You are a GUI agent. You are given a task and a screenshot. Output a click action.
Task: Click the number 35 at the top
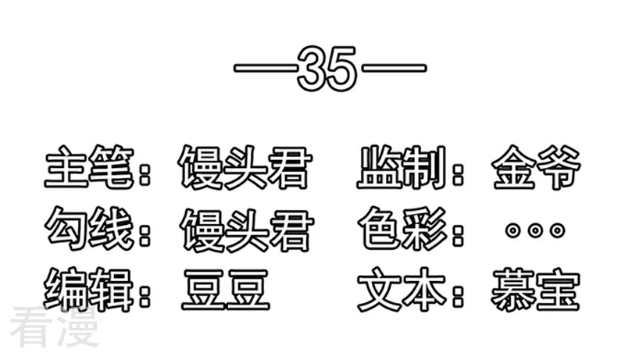tap(327, 69)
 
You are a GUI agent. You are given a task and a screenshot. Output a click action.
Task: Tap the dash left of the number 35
tap(266, 68)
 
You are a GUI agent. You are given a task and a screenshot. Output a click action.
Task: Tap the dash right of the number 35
tap(394, 68)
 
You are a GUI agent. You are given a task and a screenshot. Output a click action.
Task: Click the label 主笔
tap(89, 166)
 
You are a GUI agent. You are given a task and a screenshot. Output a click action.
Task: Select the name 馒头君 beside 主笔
tap(245, 167)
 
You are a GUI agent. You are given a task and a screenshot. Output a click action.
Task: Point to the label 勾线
tap(89, 229)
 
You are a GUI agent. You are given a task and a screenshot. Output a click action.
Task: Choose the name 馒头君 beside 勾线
tap(246, 230)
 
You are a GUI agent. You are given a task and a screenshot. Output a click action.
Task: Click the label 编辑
tap(88, 290)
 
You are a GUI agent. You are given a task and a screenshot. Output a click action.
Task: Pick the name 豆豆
tap(226, 290)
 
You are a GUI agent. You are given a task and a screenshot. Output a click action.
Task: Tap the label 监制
tap(402, 166)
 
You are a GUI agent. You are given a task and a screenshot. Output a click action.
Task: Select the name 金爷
tap(537, 167)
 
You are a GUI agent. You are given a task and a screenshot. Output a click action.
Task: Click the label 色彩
tap(403, 229)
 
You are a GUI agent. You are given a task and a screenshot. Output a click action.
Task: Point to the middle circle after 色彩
tap(535, 230)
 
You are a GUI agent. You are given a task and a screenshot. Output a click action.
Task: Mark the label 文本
tap(402, 290)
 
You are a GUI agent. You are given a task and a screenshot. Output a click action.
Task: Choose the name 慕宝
tap(535, 290)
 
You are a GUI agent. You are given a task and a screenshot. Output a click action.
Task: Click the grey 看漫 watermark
tap(54, 328)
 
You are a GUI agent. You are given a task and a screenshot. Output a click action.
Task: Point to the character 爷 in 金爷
tap(559, 167)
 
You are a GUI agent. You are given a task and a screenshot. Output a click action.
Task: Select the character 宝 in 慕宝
tap(558, 290)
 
